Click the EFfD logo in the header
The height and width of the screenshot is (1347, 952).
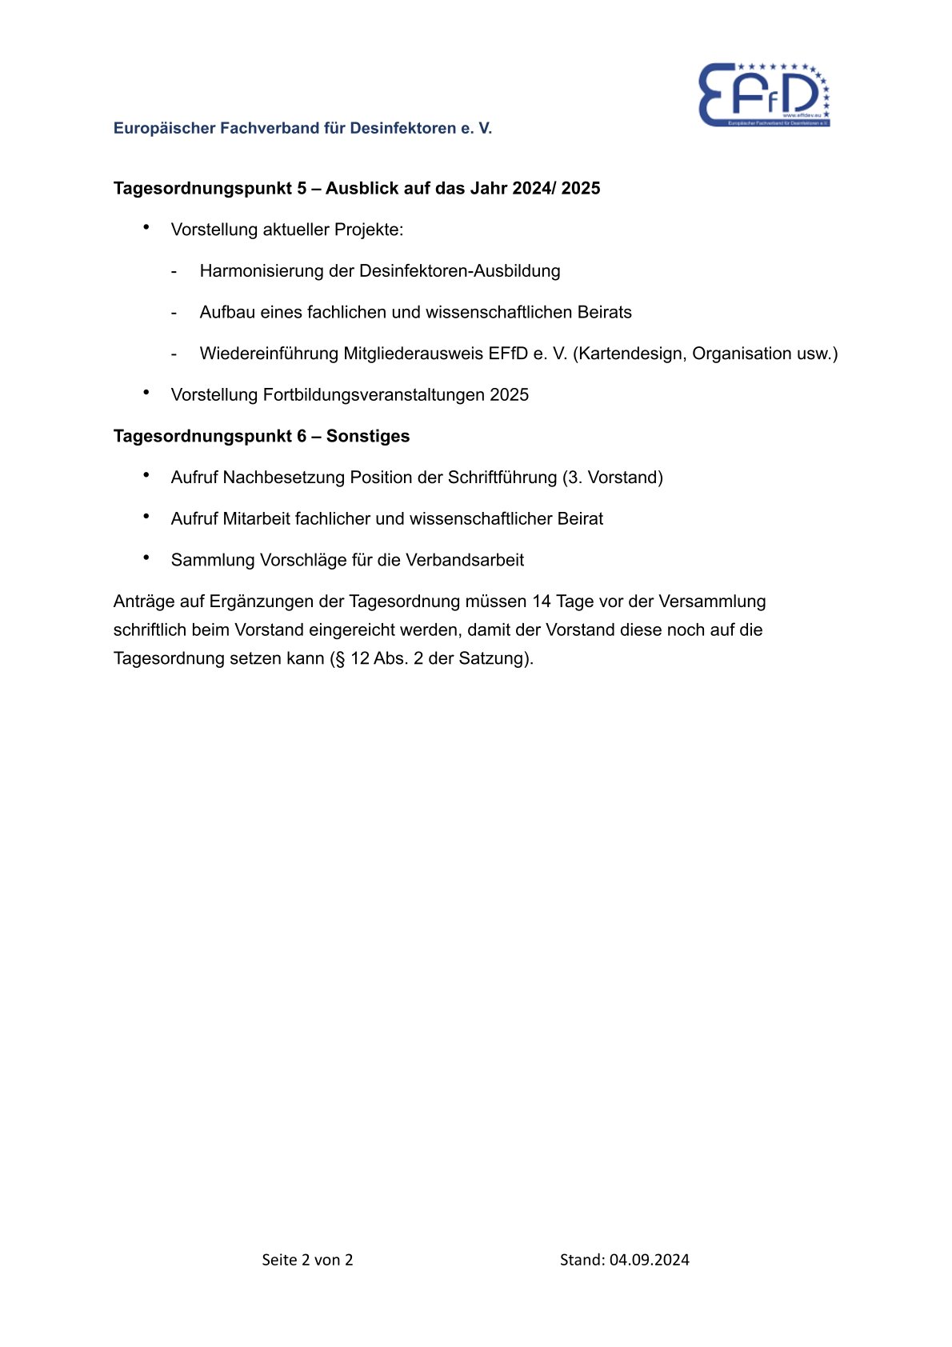pyautogui.click(x=764, y=95)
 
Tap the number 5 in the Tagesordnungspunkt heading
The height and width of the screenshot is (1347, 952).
pyautogui.click(x=302, y=188)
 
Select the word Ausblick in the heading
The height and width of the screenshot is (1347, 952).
pyautogui.click(x=359, y=188)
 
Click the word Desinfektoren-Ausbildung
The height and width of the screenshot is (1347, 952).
pyautogui.click(x=459, y=271)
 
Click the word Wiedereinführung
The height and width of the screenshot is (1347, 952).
pyautogui.click(x=269, y=354)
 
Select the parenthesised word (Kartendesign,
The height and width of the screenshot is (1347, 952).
pyautogui.click(x=630, y=354)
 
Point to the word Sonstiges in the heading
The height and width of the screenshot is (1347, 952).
pyautogui.click(x=368, y=436)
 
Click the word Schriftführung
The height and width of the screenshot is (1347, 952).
pyautogui.click(x=502, y=478)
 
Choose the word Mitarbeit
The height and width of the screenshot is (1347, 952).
pyautogui.click(x=256, y=519)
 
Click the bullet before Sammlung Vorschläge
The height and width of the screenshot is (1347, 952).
pyautogui.click(x=146, y=558)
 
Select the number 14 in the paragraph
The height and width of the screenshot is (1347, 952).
pyautogui.click(x=542, y=602)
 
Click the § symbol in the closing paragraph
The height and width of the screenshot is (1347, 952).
pyautogui.click(x=340, y=659)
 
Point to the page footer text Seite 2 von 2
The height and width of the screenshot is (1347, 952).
pyautogui.click(x=307, y=1260)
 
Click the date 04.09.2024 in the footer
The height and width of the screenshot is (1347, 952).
pyautogui.click(x=649, y=1260)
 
